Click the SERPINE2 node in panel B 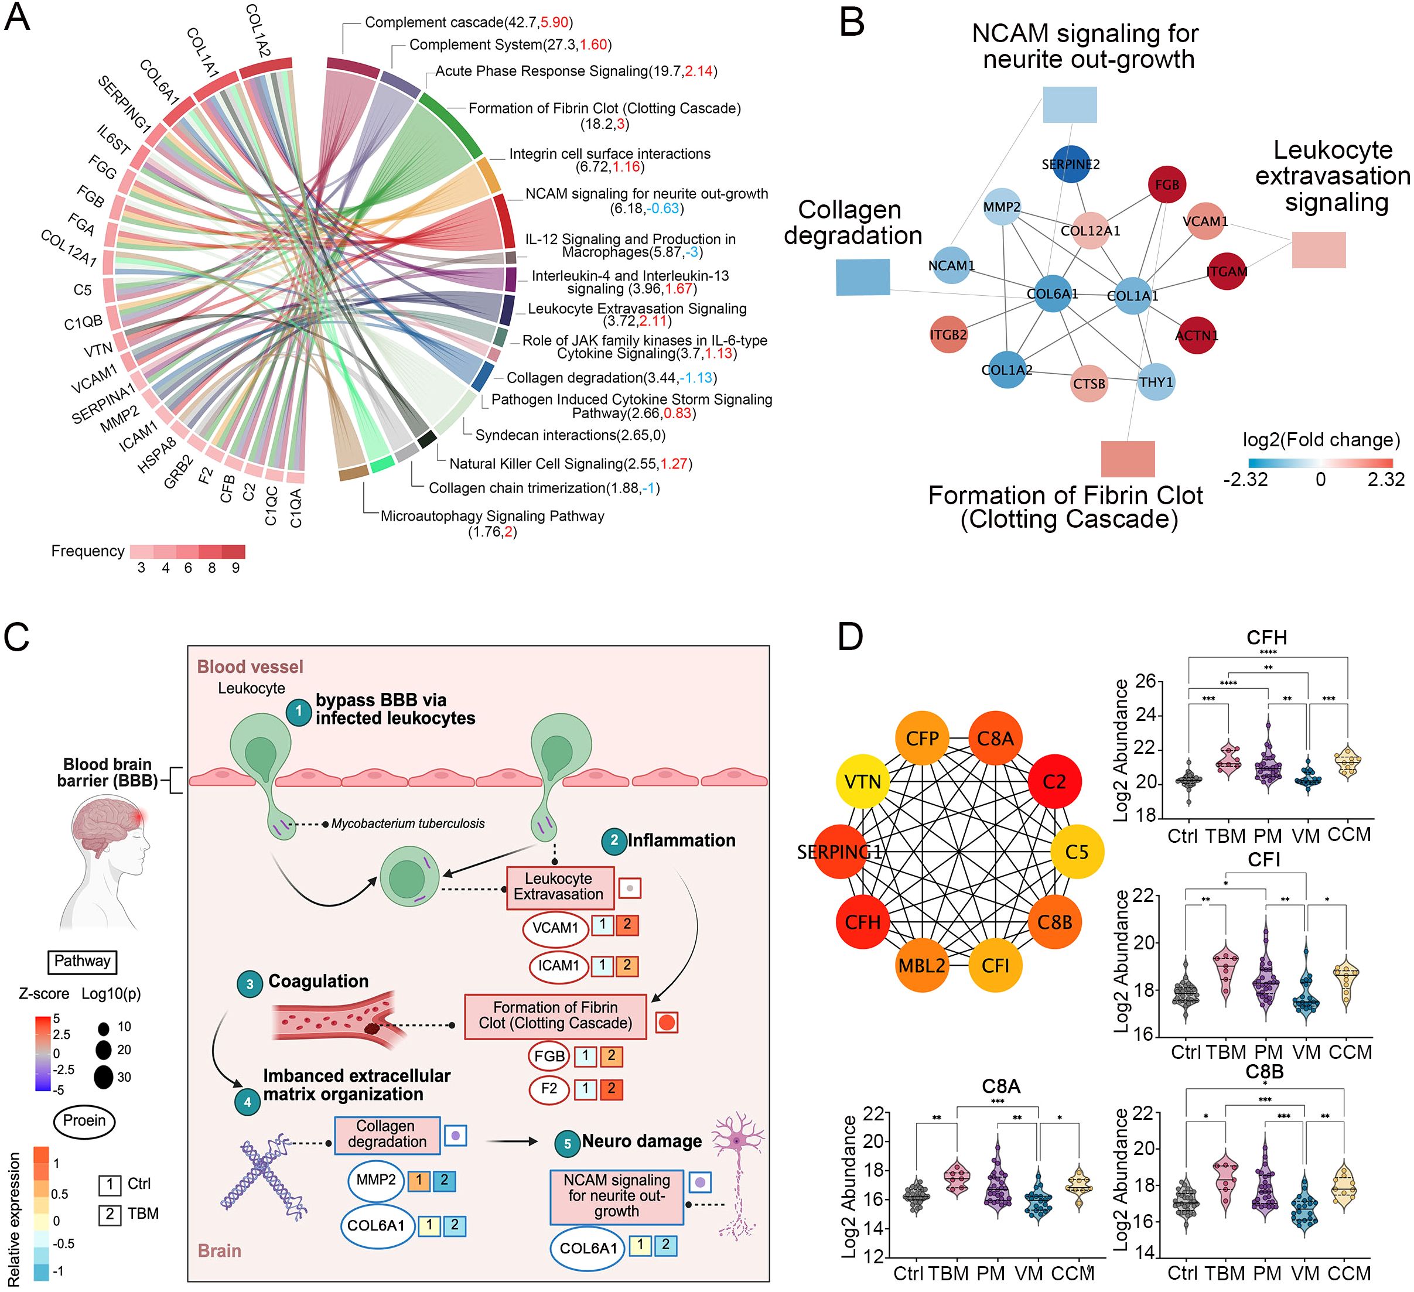[x=1070, y=164]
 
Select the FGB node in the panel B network [x=1166, y=184]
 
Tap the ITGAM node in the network [x=1226, y=271]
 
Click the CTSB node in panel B [x=1089, y=383]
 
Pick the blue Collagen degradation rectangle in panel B [x=863, y=276]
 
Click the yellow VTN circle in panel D [x=863, y=781]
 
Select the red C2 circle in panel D [x=1054, y=781]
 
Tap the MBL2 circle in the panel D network [x=921, y=965]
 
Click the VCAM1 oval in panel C [x=555, y=927]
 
